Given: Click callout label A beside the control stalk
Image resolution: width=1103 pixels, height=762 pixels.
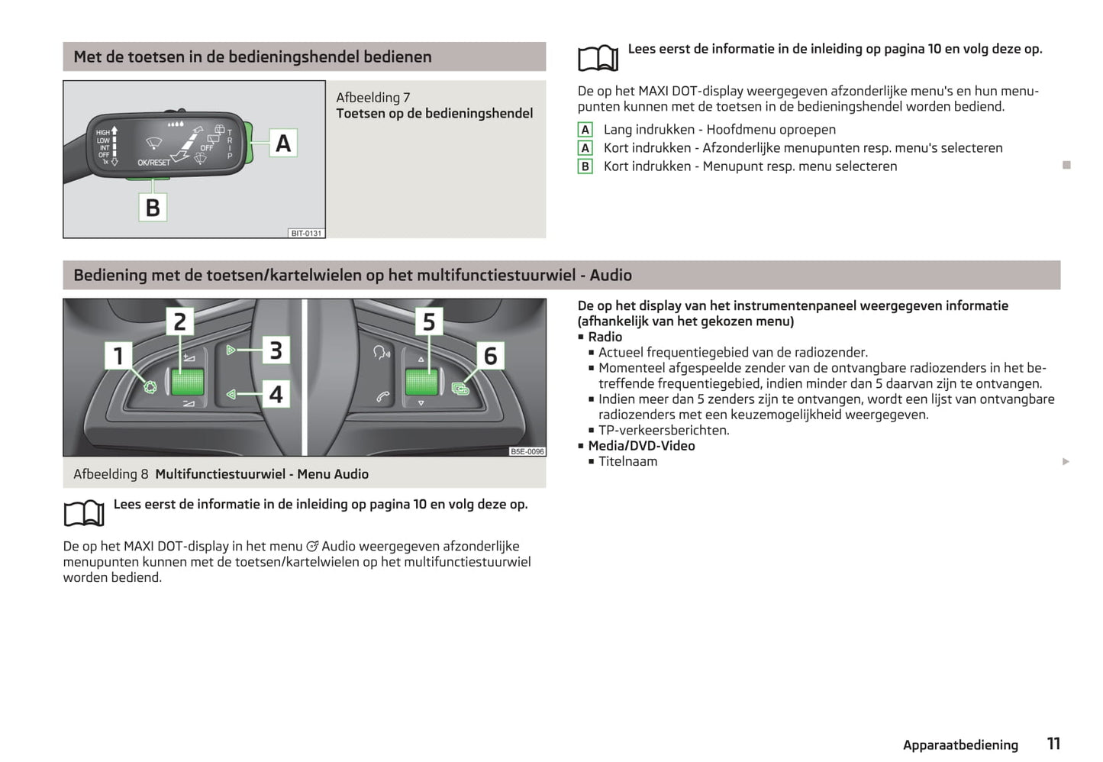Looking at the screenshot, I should [x=283, y=143].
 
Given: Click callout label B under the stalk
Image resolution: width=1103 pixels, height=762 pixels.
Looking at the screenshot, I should [x=153, y=207].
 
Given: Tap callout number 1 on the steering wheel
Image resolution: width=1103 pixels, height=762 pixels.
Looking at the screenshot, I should [x=118, y=355].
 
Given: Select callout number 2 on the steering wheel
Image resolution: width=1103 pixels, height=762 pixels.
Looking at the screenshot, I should [x=180, y=322].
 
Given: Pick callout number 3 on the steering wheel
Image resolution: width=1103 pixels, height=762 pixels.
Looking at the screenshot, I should [x=276, y=350].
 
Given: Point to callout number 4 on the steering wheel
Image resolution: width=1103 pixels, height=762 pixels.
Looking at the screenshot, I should [x=276, y=394].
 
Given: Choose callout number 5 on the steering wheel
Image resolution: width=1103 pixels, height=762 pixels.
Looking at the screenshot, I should [x=429, y=322].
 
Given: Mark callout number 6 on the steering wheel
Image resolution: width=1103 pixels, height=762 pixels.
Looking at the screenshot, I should [x=491, y=356].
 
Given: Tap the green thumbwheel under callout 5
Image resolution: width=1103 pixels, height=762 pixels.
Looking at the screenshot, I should [x=421, y=382].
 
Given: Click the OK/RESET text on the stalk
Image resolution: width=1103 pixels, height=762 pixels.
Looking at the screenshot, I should [x=153, y=163].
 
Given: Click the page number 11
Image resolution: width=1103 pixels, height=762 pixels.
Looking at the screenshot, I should [x=1053, y=744].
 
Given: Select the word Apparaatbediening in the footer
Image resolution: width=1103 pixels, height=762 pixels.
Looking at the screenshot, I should [x=960, y=745].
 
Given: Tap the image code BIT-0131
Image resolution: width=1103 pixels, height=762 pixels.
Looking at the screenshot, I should [x=307, y=234].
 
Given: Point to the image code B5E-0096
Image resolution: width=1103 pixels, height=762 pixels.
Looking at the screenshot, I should [x=527, y=452].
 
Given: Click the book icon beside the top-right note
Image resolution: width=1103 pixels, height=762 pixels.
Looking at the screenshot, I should [x=598, y=58].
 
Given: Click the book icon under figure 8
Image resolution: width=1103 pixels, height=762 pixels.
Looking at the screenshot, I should [x=84, y=513].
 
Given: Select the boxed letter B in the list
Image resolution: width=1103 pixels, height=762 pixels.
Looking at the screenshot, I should [x=585, y=166].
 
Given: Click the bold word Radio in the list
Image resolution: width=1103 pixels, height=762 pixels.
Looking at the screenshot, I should [x=605, y=337].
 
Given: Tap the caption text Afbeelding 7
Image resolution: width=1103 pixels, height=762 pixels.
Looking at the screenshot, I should [x=373, y=98].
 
